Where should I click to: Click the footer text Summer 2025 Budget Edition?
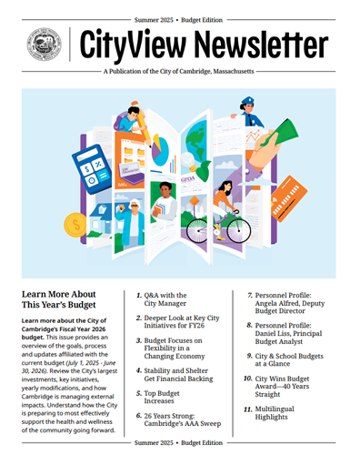pyautogui.click(x=179, y=442)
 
